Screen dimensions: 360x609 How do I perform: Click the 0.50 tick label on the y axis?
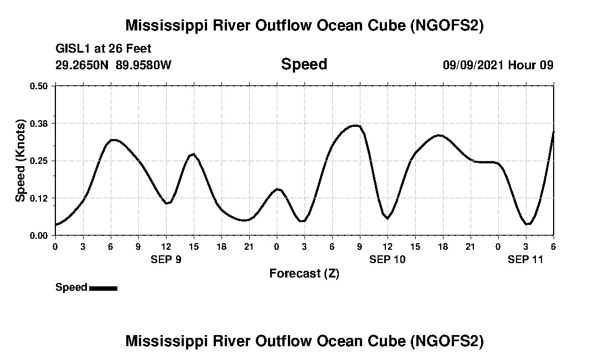tap(39, 86)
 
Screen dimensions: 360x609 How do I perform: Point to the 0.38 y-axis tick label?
tap(39, 123)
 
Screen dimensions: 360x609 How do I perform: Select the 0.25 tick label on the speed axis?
tap(39, 161)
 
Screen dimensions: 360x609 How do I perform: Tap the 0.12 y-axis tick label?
tap(39, 198)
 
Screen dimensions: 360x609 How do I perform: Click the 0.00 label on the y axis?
tap(39, 235)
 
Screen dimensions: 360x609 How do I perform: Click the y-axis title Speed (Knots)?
tap(20, 161)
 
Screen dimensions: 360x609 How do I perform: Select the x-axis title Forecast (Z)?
tap(304, 274)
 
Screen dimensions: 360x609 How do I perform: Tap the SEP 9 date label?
tap(166, 259)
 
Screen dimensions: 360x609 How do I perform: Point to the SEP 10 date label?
tap(388, 259)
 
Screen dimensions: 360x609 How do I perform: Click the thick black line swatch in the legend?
tap(103, 288)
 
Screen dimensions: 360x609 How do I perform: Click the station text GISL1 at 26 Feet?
tap(104, 49)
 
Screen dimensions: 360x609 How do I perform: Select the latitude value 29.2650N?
tap(82, 65)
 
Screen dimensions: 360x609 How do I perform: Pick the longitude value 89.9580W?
tap(143, 65)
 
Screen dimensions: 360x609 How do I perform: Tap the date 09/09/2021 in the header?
tap(473, 65)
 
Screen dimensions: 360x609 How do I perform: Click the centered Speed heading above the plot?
tap(304, 64)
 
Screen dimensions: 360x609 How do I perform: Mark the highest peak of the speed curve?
tap(355, 126)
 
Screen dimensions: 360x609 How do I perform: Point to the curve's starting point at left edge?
tap(56, 224)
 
